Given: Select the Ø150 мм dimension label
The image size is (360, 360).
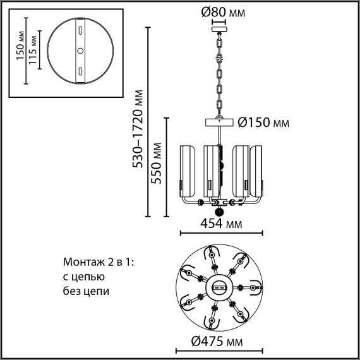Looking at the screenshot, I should tap(263, 123).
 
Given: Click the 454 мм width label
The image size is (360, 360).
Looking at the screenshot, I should tap(221, 223).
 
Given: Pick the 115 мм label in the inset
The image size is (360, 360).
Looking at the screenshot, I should tap(34, 51).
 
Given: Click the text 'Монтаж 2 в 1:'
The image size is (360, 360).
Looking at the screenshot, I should tap(100, 262).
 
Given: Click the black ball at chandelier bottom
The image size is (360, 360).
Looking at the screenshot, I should tap(219, 213).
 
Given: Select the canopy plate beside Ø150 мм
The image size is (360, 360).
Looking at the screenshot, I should tap(219, 123).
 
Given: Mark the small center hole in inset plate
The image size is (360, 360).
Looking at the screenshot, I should tap(80, 51).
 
